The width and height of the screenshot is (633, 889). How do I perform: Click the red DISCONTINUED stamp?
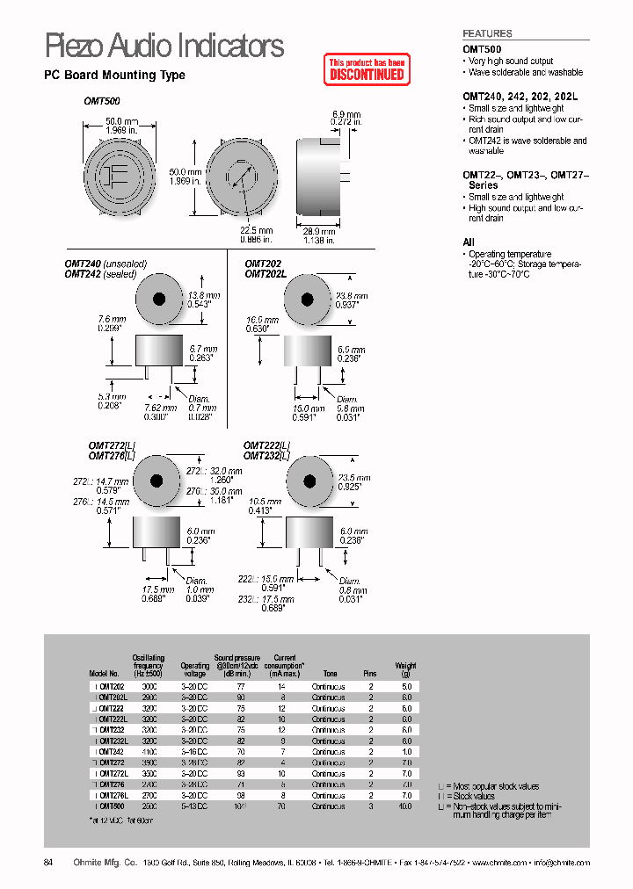pos(367,69)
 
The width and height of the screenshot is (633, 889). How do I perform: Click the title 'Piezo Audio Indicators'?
pos(164,45)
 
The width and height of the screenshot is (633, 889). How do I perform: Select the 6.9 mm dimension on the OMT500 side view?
pos(346,114)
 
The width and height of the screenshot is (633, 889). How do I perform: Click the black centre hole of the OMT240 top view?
pos(159,299)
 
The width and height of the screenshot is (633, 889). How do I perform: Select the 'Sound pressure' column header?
pos(236,661)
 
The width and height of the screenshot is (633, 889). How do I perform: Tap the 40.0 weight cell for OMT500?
pos(405,806)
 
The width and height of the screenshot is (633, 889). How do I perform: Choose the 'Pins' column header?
pos(370,674)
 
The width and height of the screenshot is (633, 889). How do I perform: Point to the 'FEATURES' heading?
pos(487,33)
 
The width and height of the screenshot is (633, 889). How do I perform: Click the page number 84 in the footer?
pos(48,863)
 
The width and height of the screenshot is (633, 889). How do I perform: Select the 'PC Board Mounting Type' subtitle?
pos(114,76)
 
